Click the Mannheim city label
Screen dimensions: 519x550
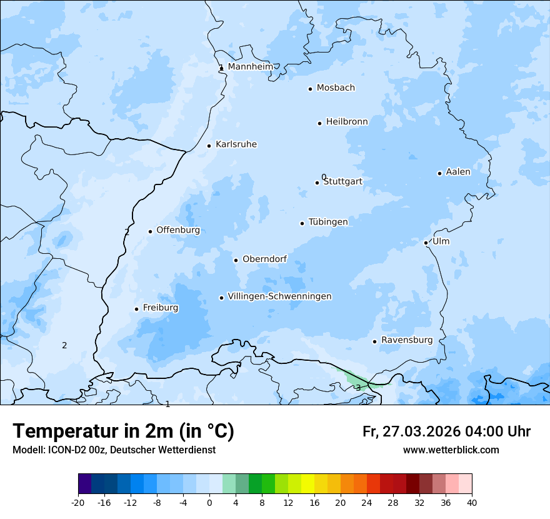coord(250,66)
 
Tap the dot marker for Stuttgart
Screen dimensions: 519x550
coord(317,183)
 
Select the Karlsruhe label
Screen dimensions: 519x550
coord(236,144)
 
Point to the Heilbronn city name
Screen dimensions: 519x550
coord(347,122)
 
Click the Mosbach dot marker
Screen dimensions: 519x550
coord(310,89)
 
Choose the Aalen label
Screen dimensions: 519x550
coord(458,172)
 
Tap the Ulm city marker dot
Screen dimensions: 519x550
coord(426,243)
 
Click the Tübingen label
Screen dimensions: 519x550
coord(328,222)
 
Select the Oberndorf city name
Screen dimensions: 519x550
coord(264,259)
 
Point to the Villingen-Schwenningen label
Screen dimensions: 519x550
coord(279,296)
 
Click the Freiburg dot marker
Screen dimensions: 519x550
coord(136,309)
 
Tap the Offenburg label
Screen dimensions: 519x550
coord(178,230)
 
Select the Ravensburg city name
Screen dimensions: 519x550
coord(407,340)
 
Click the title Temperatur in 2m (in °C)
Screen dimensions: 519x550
coord(123,431)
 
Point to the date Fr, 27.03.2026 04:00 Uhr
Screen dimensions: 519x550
coord(446,431)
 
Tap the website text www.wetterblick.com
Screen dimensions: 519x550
coord(451,450)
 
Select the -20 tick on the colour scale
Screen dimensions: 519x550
coord(78,502)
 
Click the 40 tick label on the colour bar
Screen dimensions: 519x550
coord(472,502)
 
